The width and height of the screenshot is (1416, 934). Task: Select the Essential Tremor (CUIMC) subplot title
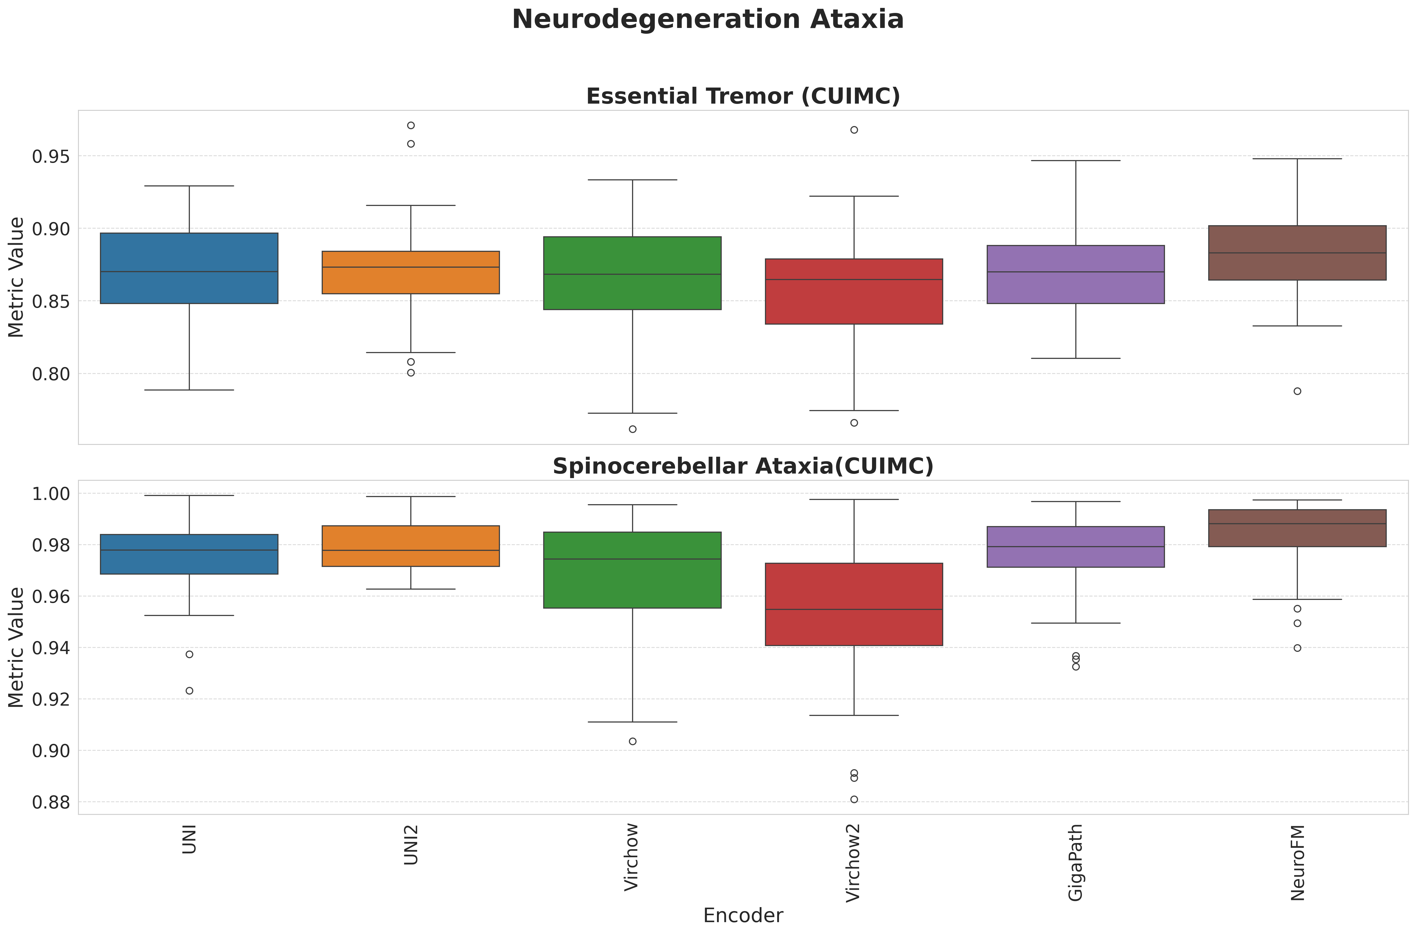[743, 97]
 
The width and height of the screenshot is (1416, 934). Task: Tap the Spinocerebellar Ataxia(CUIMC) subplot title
[743, 466]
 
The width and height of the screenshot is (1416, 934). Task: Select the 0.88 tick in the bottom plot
[50, 802]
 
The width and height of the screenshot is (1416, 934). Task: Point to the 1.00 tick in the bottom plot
[50, 494]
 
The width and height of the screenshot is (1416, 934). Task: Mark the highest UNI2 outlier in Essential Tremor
[411, 125]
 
